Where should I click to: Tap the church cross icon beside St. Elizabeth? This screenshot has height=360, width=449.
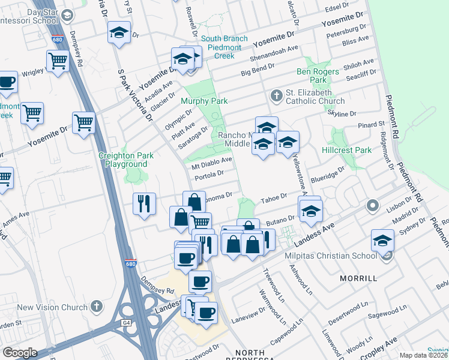277,95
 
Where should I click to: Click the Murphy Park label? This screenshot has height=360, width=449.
205,101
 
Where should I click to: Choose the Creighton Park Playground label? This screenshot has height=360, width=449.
126,160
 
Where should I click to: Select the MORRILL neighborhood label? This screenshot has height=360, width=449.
358,279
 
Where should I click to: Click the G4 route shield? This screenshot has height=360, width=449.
127,322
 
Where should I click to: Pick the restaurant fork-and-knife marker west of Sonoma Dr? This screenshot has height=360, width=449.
144,203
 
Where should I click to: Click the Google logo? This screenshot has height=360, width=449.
20,353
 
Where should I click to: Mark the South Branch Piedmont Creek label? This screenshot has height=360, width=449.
224,47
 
